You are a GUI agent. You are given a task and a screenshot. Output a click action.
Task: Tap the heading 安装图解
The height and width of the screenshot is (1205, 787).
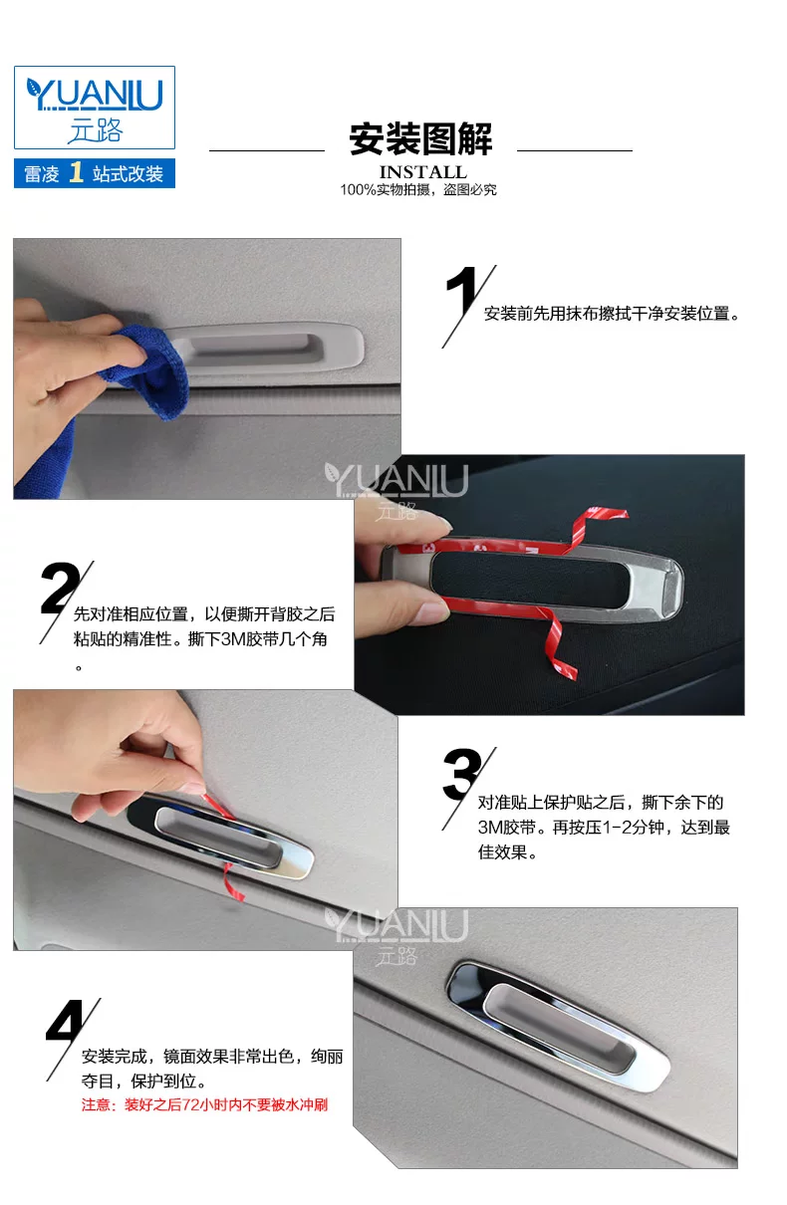[420, 138]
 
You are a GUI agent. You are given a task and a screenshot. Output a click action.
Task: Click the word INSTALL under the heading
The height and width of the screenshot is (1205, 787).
[423, 172]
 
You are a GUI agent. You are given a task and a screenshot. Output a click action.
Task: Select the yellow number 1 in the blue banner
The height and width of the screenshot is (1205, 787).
[77, 172]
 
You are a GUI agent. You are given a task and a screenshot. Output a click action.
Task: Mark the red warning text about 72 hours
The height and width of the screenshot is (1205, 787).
[204, 1105]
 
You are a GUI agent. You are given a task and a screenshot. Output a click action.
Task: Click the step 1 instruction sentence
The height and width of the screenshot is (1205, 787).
[612, 313]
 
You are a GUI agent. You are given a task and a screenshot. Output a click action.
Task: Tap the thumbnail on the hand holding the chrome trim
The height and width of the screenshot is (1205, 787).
[433, 612]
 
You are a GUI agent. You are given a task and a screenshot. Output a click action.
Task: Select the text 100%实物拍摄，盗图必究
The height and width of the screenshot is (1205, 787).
[418, 189]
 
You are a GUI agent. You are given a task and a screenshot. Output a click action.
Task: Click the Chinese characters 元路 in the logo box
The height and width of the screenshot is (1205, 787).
[96, 130]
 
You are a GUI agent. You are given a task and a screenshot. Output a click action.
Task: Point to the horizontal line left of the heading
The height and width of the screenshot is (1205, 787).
[267, 150]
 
